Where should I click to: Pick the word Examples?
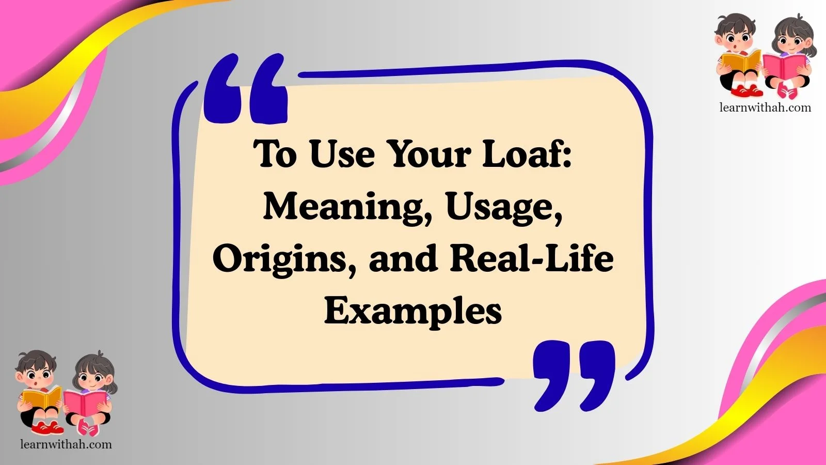pyautogui.click(x=413, y=311)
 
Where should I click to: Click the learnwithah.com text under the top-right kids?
pyautogui.click(x=765, y=107)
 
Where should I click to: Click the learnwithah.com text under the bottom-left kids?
pyautogui.click(x=66, y=444)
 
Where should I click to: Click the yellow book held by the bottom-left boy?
pyautogui.click(x=41, y=398)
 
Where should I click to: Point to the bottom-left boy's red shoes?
pyautogui.click(x=47, y=428)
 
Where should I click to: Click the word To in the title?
pyautogui.click(x=276, y=153)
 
